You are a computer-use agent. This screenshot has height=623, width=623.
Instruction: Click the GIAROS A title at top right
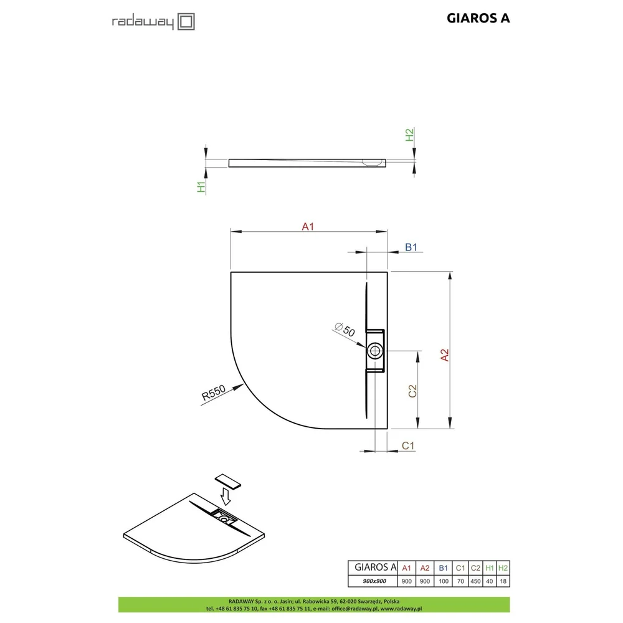point(478,18)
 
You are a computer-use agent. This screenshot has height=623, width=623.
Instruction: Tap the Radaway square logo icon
point(186,21)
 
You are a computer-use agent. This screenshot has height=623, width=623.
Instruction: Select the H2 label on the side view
point(409,135)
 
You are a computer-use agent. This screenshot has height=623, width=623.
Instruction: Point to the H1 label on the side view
point(201,187)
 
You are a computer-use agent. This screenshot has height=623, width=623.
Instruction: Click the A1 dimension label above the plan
point(308,227)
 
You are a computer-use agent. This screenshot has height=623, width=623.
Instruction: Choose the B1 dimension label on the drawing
point(411,247)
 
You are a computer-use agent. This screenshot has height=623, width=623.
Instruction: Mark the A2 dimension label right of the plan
point(445,355)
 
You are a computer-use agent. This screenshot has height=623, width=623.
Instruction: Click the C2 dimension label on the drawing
point(412,391)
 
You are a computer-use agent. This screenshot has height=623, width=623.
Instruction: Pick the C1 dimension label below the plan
point(408,446)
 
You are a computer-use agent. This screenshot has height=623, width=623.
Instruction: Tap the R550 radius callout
point(213,392)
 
